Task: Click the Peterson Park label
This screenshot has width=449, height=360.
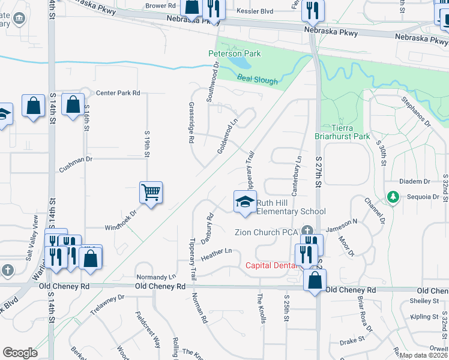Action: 234,53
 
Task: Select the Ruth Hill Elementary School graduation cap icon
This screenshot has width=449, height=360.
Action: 245,202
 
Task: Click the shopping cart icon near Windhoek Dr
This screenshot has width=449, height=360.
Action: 151,193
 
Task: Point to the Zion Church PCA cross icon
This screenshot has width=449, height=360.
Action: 307,230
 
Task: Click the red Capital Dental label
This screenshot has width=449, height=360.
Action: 271,265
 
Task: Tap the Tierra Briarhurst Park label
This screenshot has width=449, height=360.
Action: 351,132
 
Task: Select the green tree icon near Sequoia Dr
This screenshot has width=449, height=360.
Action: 393,196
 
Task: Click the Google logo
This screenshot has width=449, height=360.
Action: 20,352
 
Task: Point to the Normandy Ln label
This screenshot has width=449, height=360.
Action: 156,277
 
